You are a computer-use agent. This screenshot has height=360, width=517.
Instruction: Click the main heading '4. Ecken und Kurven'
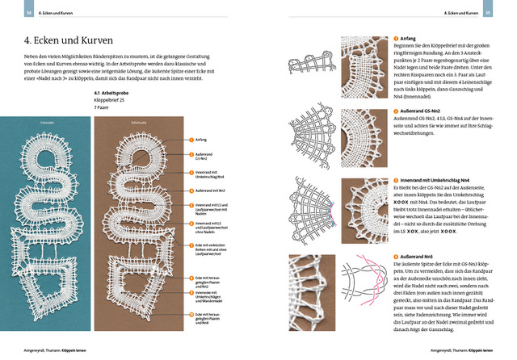[x=60, y=39]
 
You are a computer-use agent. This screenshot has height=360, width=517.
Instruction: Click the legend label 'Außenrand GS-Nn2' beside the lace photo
[x=205, y=156]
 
